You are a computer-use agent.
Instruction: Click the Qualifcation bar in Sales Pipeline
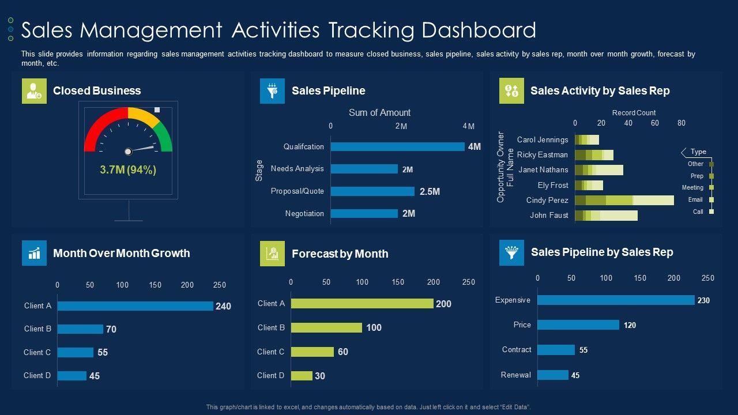point(397,147)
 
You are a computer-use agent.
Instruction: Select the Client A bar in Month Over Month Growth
point(135,306)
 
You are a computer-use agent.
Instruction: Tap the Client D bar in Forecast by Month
point(302,376)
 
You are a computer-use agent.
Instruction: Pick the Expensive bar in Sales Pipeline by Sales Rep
point(616,300)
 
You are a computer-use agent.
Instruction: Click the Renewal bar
point(553,375)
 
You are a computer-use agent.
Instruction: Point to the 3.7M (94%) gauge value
point(128,170)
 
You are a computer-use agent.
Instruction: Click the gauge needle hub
point(128,152)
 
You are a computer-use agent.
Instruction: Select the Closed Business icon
point(34,91)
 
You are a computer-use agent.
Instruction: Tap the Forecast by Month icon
point(272,254)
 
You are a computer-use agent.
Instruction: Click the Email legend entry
point(695,200)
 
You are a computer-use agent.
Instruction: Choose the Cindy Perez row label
point(547,201)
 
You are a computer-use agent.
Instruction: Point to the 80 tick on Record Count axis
point(681,123)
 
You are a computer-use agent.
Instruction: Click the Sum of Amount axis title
point(379,113)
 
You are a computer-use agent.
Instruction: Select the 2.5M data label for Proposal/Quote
point(430,191)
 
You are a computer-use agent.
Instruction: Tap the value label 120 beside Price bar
point(630,326)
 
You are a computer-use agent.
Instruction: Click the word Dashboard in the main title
point(479,30)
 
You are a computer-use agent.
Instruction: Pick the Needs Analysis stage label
point(297,169)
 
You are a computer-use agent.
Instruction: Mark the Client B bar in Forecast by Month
point(326,327)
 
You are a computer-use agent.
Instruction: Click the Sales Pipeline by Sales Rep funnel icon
point(511,252)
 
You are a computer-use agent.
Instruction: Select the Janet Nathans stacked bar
point(599,170)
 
